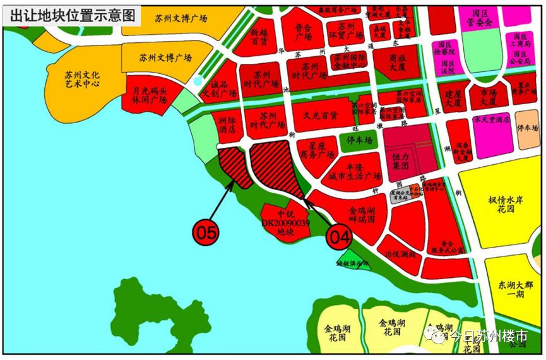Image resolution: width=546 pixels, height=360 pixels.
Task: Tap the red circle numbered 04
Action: (x=339, y=237)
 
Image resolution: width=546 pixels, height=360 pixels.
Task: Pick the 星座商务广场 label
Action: (x=317, y=150)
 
